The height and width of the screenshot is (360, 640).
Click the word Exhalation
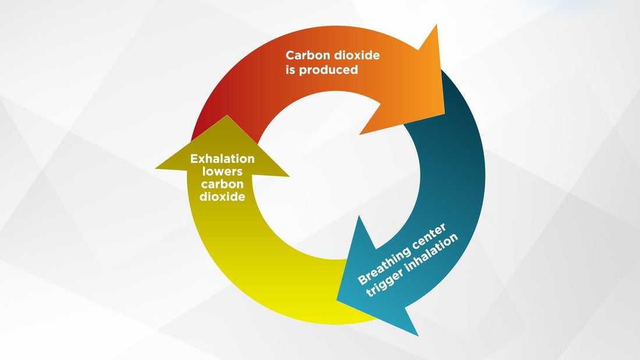tap(222, 159)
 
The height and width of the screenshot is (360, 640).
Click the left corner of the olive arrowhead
tap(156, 168)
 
